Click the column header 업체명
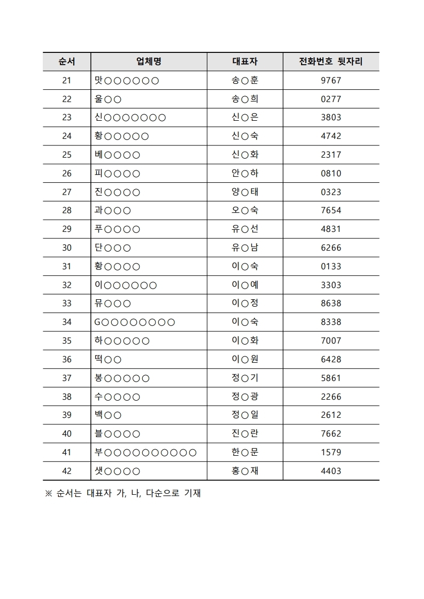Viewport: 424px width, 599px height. point(149,61)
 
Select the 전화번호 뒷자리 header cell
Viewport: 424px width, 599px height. point(330,61)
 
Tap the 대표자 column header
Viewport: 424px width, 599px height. point(245,61)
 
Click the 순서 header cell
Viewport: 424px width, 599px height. point(66,61)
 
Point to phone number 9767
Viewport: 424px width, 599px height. point(330,81)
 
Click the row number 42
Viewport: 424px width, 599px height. point(66,471)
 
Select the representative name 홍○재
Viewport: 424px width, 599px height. point(245,471)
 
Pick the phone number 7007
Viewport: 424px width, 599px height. point(330,341)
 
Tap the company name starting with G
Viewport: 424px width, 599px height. point(134,322)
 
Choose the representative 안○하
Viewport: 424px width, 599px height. point(245,174)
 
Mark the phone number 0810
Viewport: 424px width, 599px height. point(330,174)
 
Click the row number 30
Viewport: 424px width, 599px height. point(66,248)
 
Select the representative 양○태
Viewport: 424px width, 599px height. point(245,192)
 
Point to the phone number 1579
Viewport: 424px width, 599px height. point(330,453)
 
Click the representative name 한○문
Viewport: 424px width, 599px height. point(245,453)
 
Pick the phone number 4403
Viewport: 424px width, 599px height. point(330,471)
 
